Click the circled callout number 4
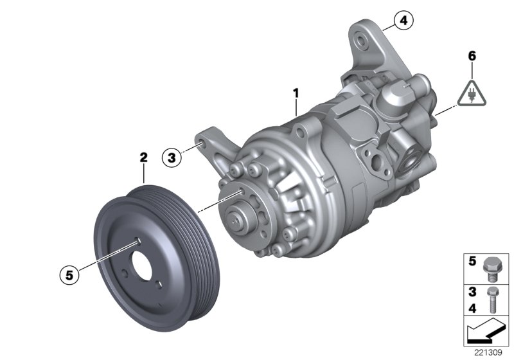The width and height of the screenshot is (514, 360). [403, 22]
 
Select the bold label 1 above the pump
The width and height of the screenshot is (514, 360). [296, 94]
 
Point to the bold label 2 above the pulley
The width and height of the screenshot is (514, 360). [144, 156]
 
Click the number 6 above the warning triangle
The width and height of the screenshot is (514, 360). [472, 56]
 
